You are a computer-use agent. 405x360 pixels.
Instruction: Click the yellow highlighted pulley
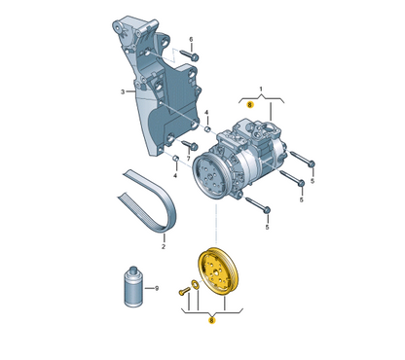coord(218,271)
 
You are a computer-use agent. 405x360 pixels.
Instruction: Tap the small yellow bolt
coord(184,291)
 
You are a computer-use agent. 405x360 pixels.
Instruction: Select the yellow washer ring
coord(196,284)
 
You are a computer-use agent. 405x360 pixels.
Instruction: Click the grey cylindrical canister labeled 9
coord(133,286)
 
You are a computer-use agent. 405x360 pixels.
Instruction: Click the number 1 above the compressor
coord(261,89)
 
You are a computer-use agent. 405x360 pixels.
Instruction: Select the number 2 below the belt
coord(164,247)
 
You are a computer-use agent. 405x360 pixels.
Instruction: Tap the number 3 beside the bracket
coord(123,91)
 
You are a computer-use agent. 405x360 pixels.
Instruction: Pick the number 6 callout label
coord(191,39)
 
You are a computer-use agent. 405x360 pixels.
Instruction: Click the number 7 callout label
coord(188,159)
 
